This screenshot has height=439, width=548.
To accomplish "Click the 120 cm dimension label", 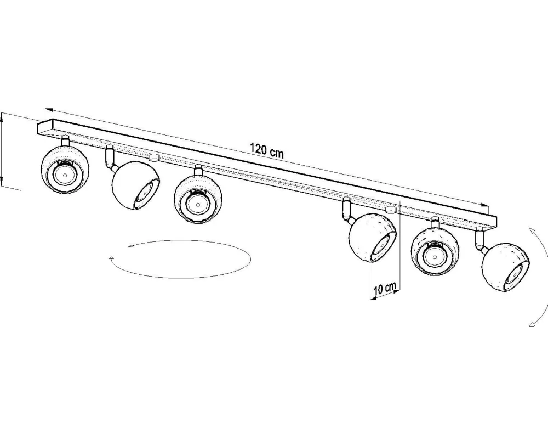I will coord(267,150).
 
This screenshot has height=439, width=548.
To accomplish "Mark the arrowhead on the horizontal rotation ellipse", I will coord(112,257).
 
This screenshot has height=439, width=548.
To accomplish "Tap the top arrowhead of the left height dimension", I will coord(3,115).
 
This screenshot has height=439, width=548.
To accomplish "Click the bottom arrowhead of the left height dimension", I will coord(3,183).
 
